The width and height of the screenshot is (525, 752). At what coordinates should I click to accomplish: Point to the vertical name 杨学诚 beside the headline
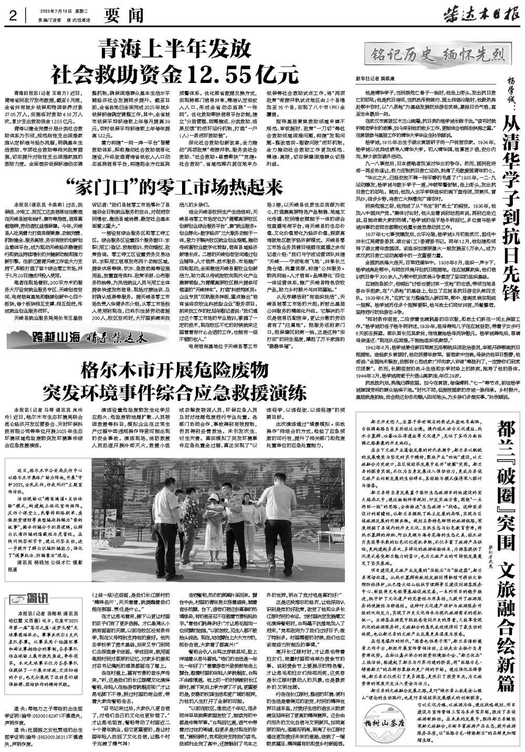point(512,92)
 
